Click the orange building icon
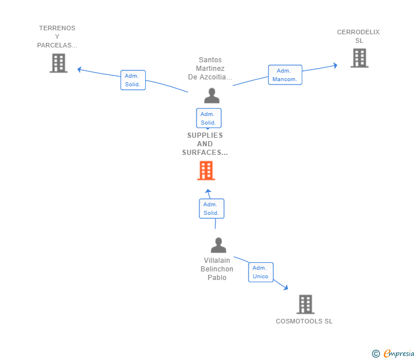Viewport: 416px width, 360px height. pyautogui.click(x=206, y=171)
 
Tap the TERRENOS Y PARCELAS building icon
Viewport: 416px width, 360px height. pyautogui.click(x=59, y=63)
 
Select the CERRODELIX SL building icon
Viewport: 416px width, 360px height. pyautogui.click(x=359, y=58)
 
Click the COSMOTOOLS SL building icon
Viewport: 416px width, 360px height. pyautogui.click(x=305, y=305)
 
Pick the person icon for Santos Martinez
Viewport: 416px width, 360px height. pyautogui.click(x=211, y=95)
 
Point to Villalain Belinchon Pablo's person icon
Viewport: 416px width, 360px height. pyautogui.click(x=218, y=245)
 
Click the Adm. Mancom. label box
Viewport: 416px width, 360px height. pyautogui.click(x=285, y=75)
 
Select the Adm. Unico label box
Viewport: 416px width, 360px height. pyautogui.click(x=261, y=272)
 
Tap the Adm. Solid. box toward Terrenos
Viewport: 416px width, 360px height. pyautogui.click(x=133, y=80)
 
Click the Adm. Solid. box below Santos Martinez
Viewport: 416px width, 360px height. pyautogui.click(x=209, y=118)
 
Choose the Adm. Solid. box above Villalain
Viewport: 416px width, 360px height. pyautogui.click(x=211, y=209)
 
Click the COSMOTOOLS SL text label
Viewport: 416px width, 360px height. pyautogui.click(x=304, y=321)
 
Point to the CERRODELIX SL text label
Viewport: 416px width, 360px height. pyautogui.click(x=358, y=37)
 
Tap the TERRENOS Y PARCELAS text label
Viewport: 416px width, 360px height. pyautogui.click(x=57, y=37)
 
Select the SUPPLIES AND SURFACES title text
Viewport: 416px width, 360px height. pyautogui.click(x=205, y=144)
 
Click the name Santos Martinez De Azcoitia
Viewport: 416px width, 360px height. pyautogui.click(x=210, y=69)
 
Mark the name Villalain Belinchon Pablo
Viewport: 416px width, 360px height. pyautogui.click(x=217, y=269)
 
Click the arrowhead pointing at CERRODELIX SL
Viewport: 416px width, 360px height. pyautogui.click(x=335, y=65)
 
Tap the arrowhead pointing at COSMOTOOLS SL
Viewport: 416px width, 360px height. pyautogui.click(x=286, y=287)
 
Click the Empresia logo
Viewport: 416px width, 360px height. pyautogui.click(x=393, y=354)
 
